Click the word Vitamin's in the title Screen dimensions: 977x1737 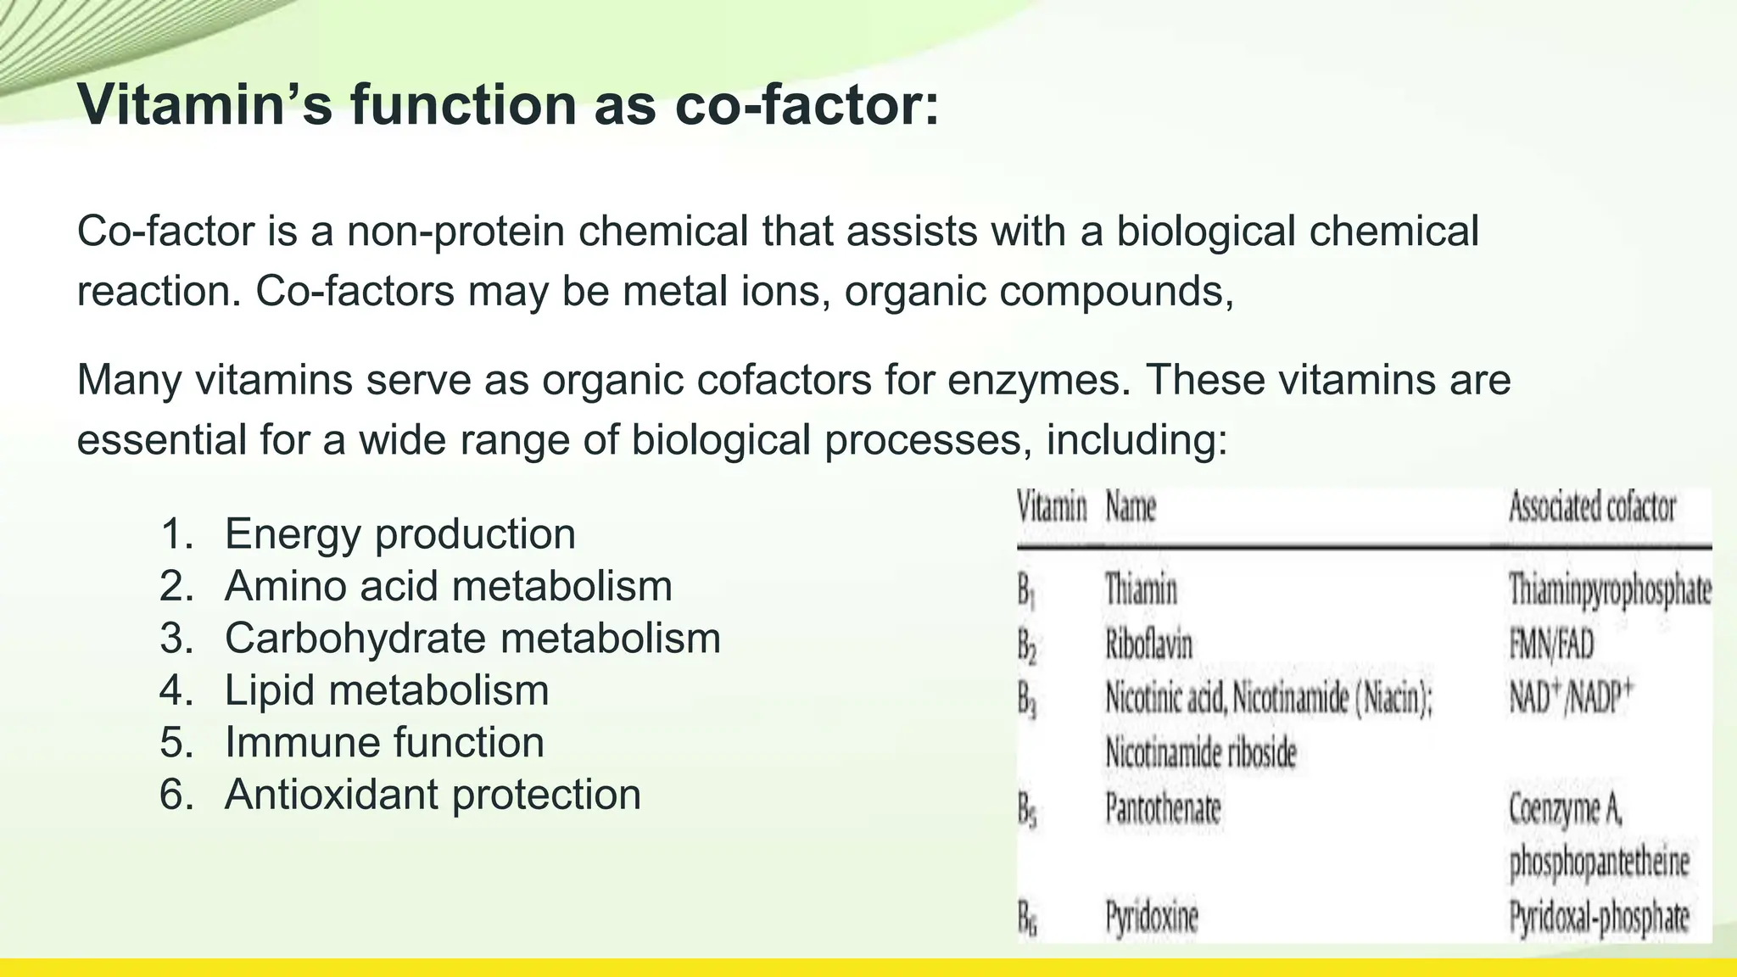click(205, 105)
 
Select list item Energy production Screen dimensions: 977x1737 click(399, 534)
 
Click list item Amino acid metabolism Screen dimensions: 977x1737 click(448, 586)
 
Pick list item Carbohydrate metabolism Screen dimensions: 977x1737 click(472, 639)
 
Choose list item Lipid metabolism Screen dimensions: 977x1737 click(387, 690)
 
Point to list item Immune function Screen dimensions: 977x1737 click(384, 743)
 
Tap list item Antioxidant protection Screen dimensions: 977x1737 click(433, 795)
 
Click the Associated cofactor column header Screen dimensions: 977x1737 click(1592, 508)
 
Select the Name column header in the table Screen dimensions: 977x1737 click(1131, 508)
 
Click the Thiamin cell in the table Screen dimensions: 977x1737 click(1141, 589)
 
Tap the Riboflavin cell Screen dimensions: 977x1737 click(1148, 645)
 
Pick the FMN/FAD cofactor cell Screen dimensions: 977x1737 click(1551, 645)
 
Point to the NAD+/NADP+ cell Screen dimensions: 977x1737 click(1571, 699)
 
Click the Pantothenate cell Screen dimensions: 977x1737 click(1163, 808)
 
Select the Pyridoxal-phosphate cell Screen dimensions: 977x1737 click(1599, 918)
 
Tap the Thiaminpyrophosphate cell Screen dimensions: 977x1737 click(1610, 589)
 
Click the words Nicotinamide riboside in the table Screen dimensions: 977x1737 click(1201, 753)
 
